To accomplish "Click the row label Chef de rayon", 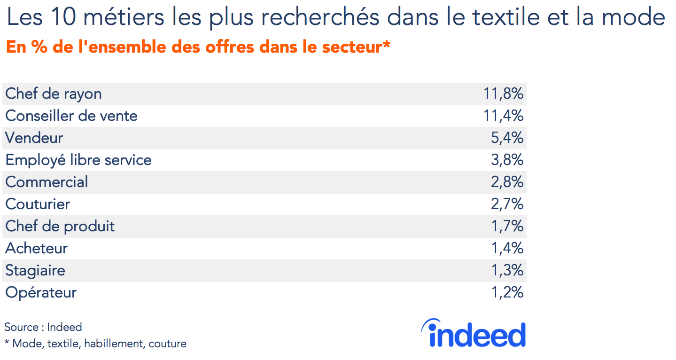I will (x=54, y=94).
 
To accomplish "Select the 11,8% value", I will (x=503, y=94).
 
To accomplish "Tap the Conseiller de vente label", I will (x=71, y=116).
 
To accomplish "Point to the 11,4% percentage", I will (x=503, y=116).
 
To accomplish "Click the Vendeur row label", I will (x=34, y=138).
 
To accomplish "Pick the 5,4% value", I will (x=507, y=138).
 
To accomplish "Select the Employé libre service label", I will (x=78, y=160).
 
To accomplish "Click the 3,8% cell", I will (x=507, y=160).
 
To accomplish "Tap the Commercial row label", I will (x=47, y=182).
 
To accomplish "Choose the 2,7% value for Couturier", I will (x=507, y=204).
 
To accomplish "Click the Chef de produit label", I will (x=60, y=227).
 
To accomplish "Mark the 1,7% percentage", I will (x=507, y=227).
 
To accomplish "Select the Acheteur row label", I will (x=37, y=249).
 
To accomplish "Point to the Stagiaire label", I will (x=35, y=271).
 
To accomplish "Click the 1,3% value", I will (x=507, y=271).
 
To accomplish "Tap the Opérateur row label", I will (x=41, y=293).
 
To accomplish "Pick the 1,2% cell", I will (x=507, y=293).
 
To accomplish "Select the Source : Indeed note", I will (x=43, y=327).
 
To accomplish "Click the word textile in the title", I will (x=503, y=18).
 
